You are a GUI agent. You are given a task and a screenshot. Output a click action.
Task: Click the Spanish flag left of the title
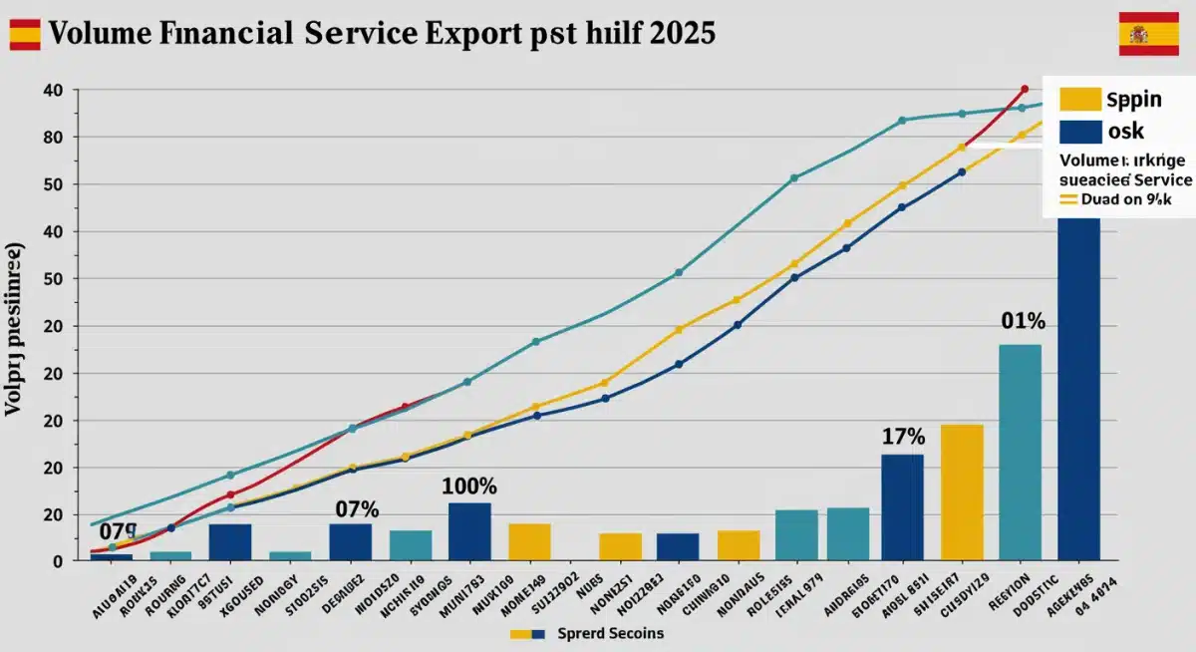[25, 34]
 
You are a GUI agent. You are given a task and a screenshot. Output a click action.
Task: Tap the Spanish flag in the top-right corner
[1148, 34]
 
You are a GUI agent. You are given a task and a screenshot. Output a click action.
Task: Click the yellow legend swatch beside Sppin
[1080, 100]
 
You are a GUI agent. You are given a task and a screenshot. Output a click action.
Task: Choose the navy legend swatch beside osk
[1080, 132]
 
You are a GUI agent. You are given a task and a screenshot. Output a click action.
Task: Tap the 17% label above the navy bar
[903, 437]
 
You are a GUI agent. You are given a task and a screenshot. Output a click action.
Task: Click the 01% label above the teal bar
[1023, 321]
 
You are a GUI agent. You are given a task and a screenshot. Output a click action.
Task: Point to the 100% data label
[468, 487]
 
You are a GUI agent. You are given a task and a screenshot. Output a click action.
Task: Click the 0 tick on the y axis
[58, 561]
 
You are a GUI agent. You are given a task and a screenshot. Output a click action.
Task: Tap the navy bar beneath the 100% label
[469, 531]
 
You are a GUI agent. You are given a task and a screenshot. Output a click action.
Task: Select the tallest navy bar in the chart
[1078, 389]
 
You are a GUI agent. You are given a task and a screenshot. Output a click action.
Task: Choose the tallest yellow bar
[962, 491]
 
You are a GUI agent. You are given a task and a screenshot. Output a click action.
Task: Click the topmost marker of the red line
[1024, 90]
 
